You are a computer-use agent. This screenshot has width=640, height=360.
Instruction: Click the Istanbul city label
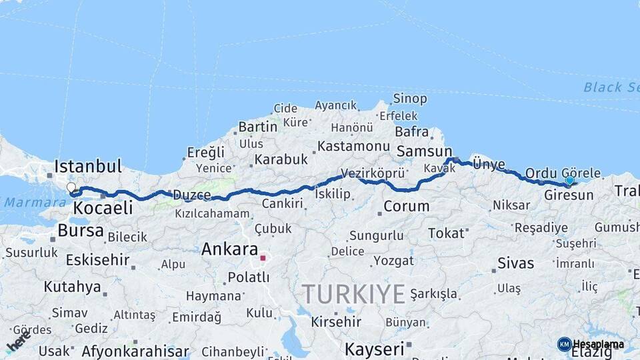[88, 166]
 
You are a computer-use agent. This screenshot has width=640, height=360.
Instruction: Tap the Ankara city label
[229, 249]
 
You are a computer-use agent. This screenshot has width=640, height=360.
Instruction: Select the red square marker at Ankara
[263, 257]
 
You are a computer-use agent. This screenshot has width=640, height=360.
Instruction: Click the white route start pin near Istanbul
[71, 188]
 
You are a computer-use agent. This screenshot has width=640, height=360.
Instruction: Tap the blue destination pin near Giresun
[569, 181]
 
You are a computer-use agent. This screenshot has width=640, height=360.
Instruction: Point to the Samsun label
[424, 151]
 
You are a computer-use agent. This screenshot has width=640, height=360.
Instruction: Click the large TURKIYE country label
[353, 294]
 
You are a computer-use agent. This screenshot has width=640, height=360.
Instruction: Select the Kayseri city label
[375, 349]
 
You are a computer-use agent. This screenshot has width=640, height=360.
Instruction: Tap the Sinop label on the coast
[410, 99]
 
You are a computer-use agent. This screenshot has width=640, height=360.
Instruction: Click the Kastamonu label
[353, 146]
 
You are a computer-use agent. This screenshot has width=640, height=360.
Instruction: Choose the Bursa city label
[81, 231]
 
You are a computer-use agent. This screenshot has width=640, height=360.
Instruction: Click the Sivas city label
[515, 263]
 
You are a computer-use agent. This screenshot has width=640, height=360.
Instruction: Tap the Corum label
[406, 206]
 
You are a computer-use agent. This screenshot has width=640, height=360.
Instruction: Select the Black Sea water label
[611, 87]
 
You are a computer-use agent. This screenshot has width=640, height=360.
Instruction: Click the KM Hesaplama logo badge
[591, 344]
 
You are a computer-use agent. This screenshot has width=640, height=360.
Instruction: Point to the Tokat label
[446, 233]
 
